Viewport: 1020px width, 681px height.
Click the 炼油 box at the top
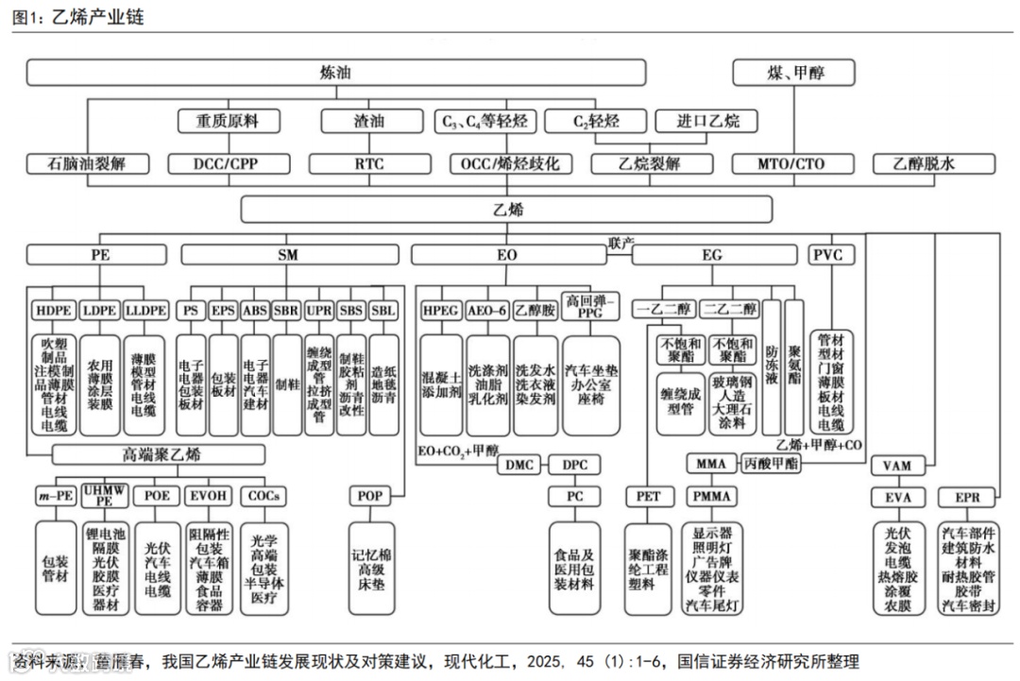tap(335, 73)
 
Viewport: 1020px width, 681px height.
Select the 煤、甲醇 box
tap(793, 73)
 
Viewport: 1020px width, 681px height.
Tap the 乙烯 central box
tap(507, 209)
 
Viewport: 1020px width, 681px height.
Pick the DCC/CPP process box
tap(226, 163)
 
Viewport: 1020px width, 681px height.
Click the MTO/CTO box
tap(790, 163)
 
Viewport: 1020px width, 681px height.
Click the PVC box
tap(832, 254)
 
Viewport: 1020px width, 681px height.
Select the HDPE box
tap(54, 310)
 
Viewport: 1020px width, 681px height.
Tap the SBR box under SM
tap(286, 310)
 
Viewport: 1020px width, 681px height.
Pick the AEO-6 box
tap(488, 310)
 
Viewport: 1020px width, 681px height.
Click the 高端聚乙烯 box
tap(161, 455)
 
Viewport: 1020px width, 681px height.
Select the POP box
tap(370, 496)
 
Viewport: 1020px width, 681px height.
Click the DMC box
tap(521, 464)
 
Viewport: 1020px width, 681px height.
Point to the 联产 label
tap(620, 243)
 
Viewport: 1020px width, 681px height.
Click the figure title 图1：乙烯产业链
tap(78, 16)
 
